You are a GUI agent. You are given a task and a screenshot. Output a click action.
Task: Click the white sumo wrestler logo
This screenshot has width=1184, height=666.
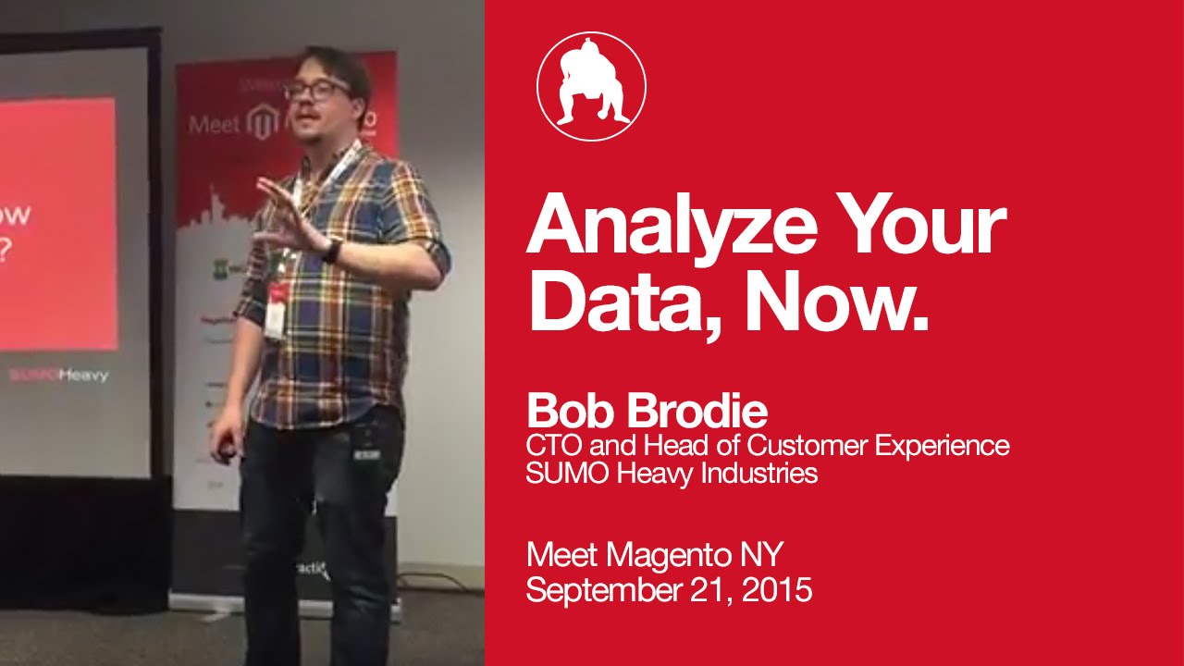(x=591, y=86)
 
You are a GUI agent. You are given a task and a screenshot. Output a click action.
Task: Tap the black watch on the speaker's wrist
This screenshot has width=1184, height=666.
(x=331, y=250)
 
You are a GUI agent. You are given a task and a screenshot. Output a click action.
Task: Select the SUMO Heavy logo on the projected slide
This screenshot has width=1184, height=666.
(x=58, y=376)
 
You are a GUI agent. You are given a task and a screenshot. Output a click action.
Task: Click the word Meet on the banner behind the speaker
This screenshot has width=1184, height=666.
(x=213, y=124)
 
